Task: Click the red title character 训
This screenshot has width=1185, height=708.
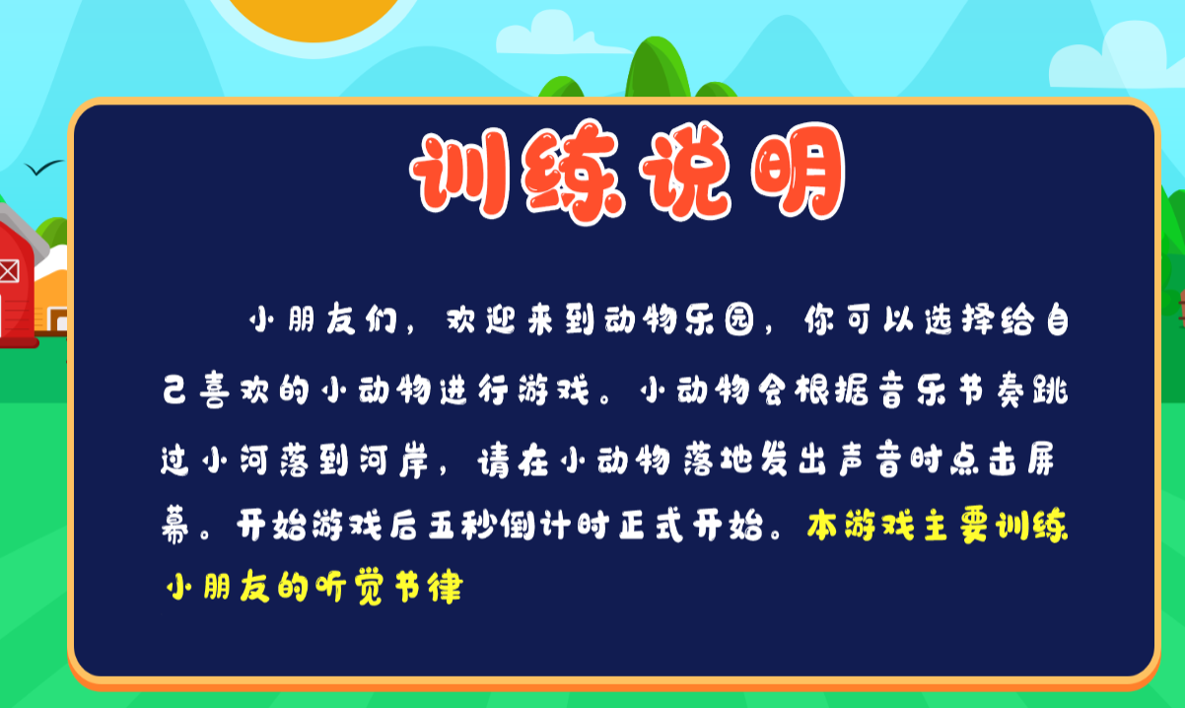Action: (460, 174)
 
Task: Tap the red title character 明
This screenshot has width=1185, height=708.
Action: (799, 172)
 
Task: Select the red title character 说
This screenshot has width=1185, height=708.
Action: (685, 172)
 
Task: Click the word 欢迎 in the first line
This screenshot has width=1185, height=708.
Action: (481, 319)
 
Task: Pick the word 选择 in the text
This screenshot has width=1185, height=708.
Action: (959, 319)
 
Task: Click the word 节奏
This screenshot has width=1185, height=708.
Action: (992, 390)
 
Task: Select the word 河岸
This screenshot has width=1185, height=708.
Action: (394, 460)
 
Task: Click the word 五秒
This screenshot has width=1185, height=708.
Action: (461, 526)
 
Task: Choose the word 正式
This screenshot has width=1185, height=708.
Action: (651, 526)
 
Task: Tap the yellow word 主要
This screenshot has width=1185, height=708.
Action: (956, 526)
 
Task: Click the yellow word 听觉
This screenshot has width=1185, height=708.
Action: (350, 587)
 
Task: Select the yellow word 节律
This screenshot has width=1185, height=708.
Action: (429, 587)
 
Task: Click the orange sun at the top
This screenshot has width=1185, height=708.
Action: (314, 19)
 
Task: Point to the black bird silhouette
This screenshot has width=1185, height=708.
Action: (44, 168)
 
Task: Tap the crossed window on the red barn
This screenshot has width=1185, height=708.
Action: (9, 271)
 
